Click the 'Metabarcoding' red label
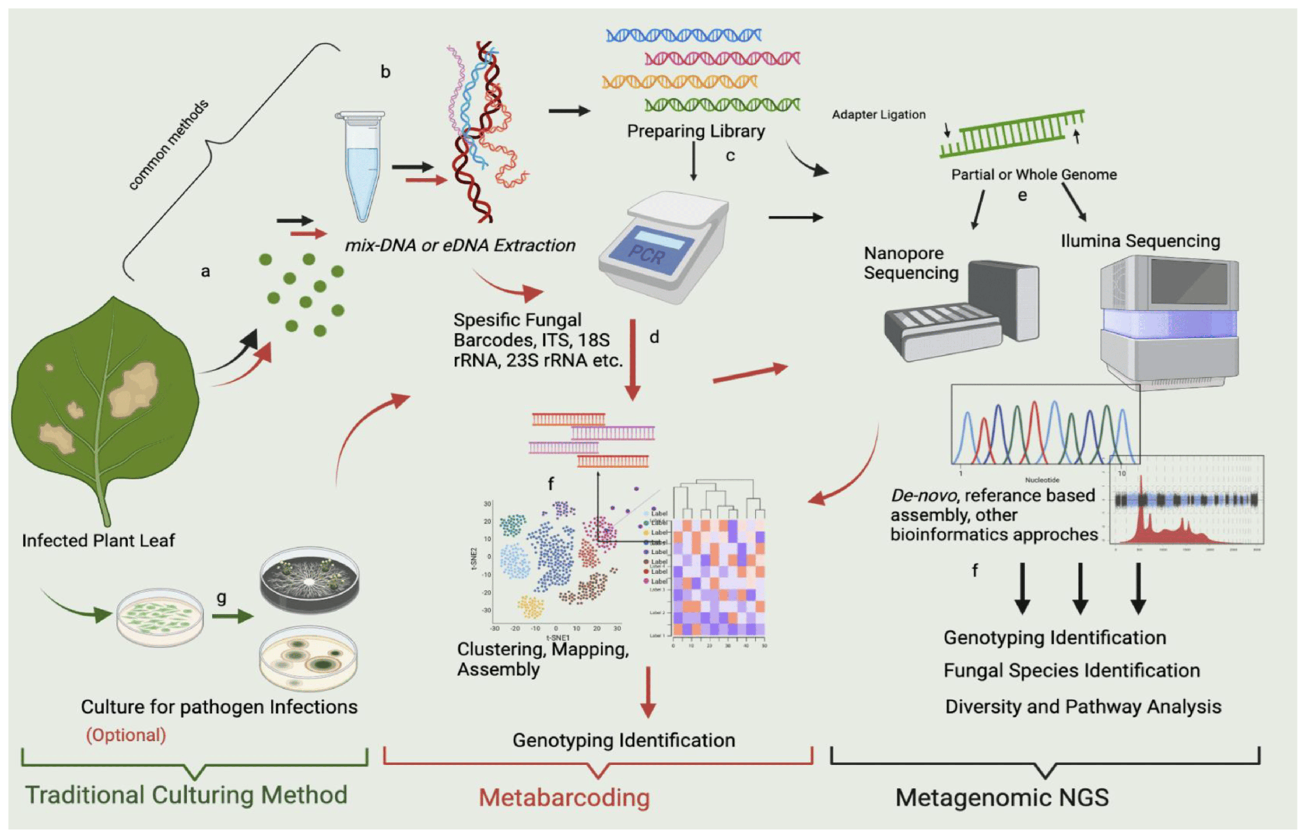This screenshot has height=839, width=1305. click(x=564, y=798)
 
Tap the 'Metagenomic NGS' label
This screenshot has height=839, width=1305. click(x=1002, y=798)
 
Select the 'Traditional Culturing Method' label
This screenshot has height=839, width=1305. click(x=186, y=795)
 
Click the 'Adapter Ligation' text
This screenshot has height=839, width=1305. click(x=878, y=115)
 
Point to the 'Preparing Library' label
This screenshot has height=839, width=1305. click(x=695, y=131)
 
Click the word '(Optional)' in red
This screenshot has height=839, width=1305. click(x=126, y=735)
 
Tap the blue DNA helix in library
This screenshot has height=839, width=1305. click(x=683, y=35)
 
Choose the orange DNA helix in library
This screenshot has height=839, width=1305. click(x=679, y=82)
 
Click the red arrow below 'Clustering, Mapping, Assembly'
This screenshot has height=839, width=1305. click(x=648, y=692)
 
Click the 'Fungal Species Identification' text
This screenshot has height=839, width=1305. click(x=1071, y=670)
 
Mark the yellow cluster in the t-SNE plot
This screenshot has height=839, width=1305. click(x=531, y=606)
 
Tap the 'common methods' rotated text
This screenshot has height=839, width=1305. click(x=168, y=145)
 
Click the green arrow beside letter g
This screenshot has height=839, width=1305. click(x=232, y=616)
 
